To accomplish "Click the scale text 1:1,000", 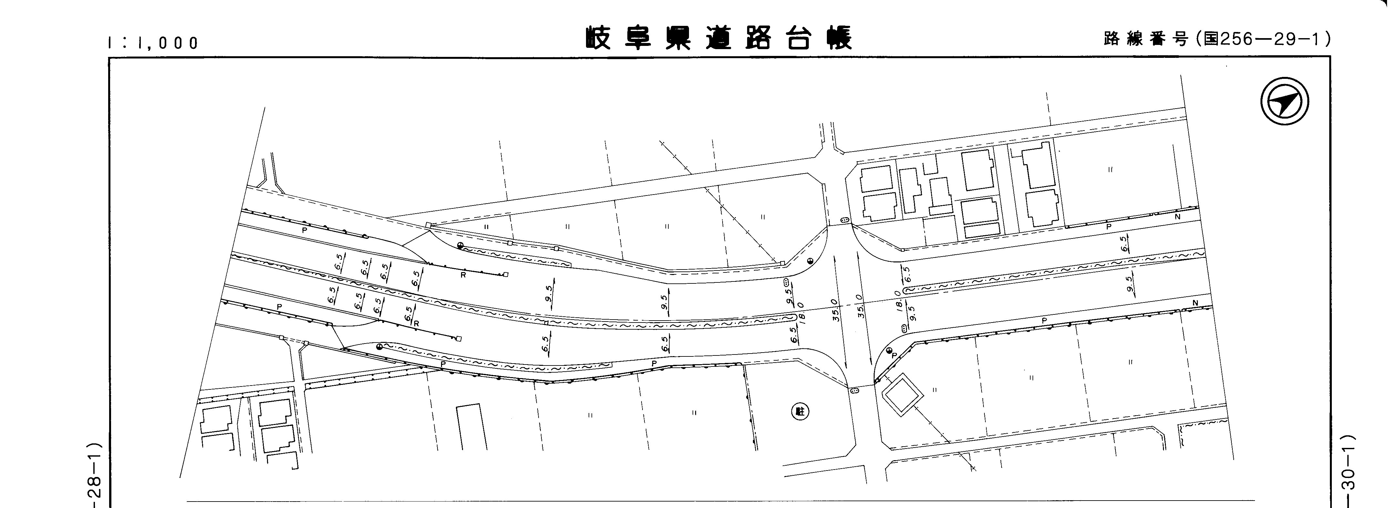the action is pos(154,43).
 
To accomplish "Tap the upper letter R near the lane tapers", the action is pos(463,274).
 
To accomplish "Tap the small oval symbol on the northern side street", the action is pos(844,221).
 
